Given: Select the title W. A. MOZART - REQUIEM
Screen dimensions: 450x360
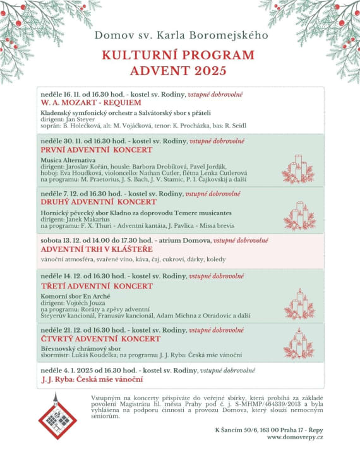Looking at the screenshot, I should (91, 102).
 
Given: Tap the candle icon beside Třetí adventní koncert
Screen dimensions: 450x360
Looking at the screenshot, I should (299, 304).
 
